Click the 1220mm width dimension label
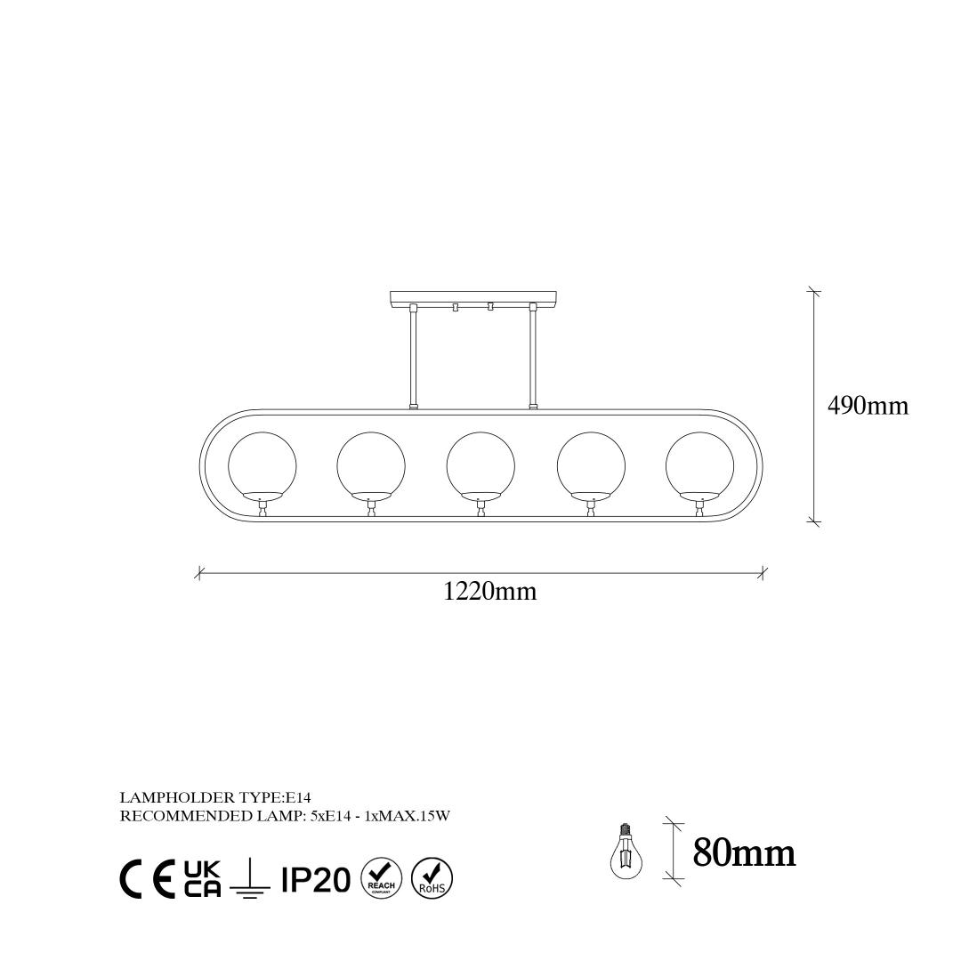pyautogui.click(x=489, y=592)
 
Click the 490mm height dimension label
pyautogui.click(x=868, y=406)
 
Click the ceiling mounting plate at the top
pyautogui.click(x=475, y=299)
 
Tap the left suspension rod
pyautogui.click(x=414, y=357)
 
